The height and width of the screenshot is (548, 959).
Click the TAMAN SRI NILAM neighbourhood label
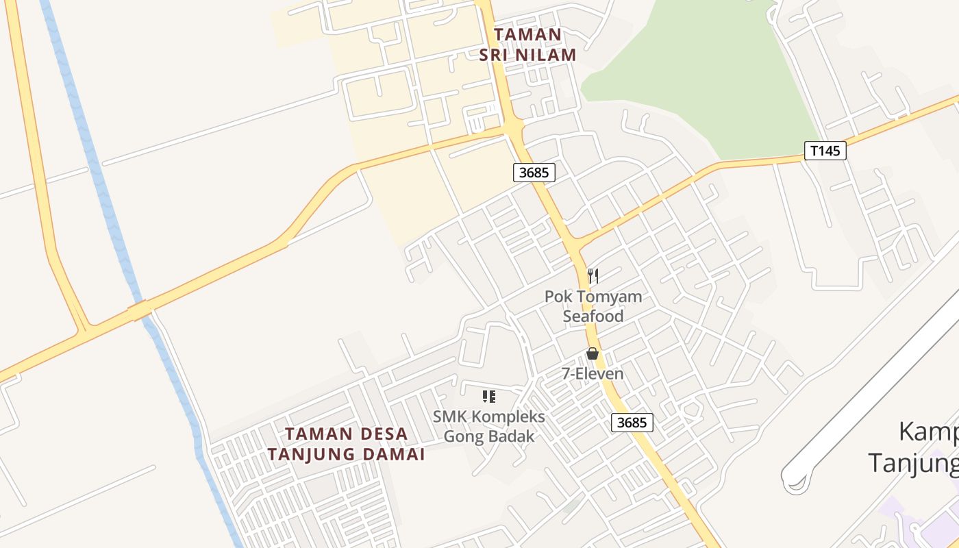pyautogui.click(x=527, y=45)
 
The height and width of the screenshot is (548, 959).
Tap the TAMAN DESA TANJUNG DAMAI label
pyautogui.click(x=346, y=444)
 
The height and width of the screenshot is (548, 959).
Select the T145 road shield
pyautogui.click(x=825, y=151)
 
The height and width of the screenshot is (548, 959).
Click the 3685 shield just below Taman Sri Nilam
pyautogui.click(x=534, y=173)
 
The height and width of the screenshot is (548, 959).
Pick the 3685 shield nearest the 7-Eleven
pyautogui.click(x=632, y=423)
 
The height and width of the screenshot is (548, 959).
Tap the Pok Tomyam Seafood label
pyautogui.click(x=593, y=306)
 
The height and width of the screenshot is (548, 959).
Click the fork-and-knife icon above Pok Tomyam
pyautogui.click(x=593, y=276)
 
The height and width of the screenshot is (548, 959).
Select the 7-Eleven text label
pyautogui.click(x=593, y=374)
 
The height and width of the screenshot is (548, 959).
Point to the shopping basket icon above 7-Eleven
pyautogui.click(x=593, y=353)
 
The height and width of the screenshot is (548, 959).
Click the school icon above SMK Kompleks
pyautogui.click(x=488, y=396)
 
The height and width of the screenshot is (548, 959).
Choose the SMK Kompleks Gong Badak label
pyautogui.click(x=489, y=426)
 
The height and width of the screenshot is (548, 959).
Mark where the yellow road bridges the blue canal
pyautogui.click(x=140, y=310)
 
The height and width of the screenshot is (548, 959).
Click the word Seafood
pyautogui.click(x=593, y=316)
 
